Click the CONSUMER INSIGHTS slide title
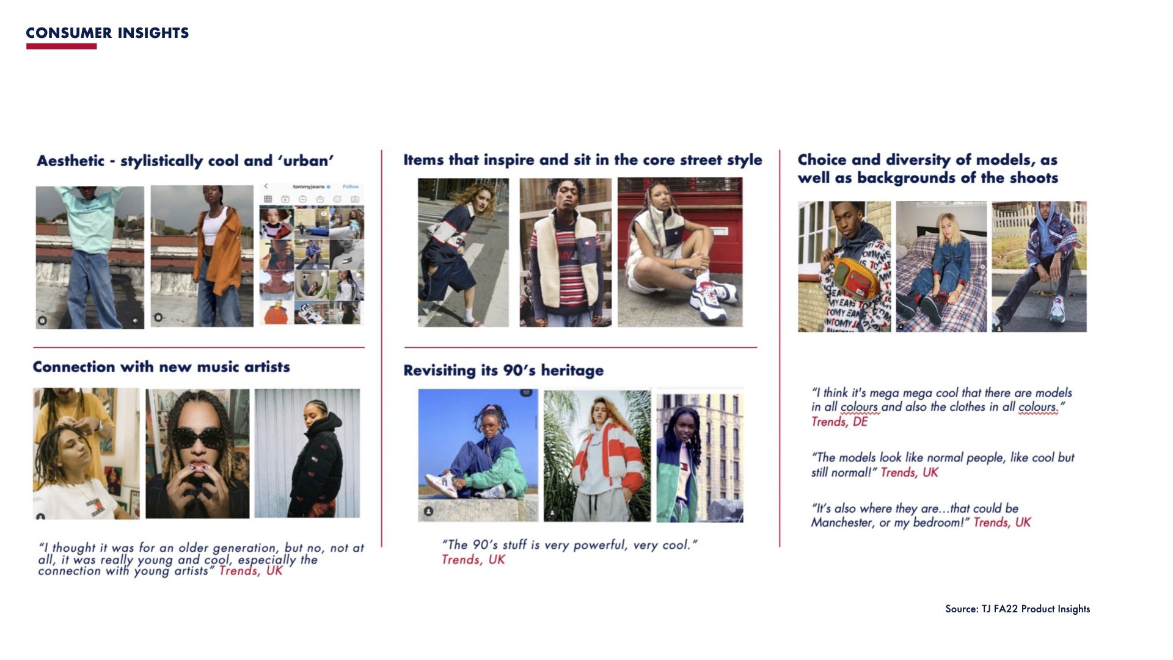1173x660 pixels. pos(108,33)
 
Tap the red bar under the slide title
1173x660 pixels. pos(61,46)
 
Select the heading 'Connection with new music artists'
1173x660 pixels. pos(161,367)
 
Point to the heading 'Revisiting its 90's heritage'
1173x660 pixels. pos(503,370)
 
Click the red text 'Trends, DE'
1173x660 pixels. pos(839,422)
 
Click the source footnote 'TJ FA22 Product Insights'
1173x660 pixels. pos(1036,609)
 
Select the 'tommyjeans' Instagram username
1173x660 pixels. pos(309,186)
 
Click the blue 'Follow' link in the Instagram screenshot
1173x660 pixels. pos(351,186)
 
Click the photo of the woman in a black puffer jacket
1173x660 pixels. pos(307,453)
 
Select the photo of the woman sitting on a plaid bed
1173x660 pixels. pos(941,267)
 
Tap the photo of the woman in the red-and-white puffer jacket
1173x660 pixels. pos(597,456)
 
